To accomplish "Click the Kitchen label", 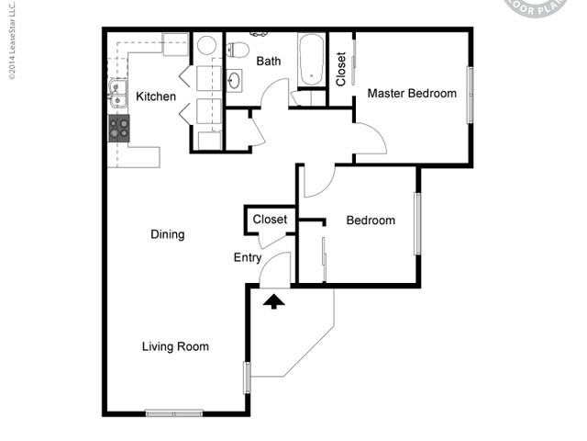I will [156, 96].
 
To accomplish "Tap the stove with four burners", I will [119, 128].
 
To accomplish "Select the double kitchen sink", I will [116, 90].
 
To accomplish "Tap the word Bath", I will [269, 62].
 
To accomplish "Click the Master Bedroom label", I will [412, 93].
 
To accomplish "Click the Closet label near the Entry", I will [270, 220].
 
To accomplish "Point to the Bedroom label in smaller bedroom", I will [371, 220].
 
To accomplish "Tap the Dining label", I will [167, 234].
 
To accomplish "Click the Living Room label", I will [175, 346].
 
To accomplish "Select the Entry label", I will [248, 258].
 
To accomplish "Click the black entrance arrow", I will [274, 300].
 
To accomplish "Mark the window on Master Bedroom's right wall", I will [470, 94].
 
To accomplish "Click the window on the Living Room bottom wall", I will [174, 413].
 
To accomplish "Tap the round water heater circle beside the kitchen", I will [206, 45].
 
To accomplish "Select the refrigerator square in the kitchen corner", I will [175, 43].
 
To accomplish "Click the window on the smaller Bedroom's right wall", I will [417, 222].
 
